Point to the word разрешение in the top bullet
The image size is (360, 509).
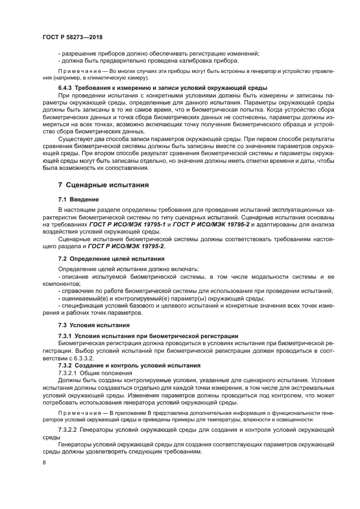tap(78, 53)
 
